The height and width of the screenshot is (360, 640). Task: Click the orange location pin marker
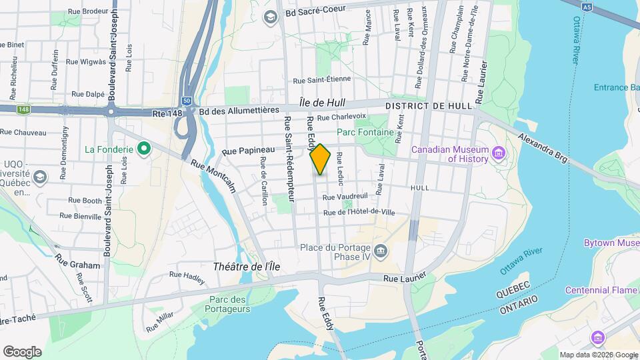[320, 159]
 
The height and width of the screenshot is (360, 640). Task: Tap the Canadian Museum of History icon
[497, 155]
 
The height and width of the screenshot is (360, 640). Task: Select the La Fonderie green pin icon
[143, 149]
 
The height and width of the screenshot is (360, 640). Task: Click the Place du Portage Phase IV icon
[381, 251]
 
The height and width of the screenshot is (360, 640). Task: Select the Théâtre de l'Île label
[246, 267]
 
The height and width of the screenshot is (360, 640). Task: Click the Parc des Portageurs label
[229, 304]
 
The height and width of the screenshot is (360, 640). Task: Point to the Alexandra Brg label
[543, 148]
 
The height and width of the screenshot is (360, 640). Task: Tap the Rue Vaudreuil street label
[345, 197]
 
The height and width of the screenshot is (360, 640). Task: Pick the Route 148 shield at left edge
[24, 109]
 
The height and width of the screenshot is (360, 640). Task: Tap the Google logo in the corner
[22, 352]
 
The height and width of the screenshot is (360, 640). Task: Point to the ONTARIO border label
[518, 301]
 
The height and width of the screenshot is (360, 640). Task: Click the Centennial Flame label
[601, 290]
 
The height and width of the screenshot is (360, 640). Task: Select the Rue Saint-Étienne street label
[322, 79]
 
